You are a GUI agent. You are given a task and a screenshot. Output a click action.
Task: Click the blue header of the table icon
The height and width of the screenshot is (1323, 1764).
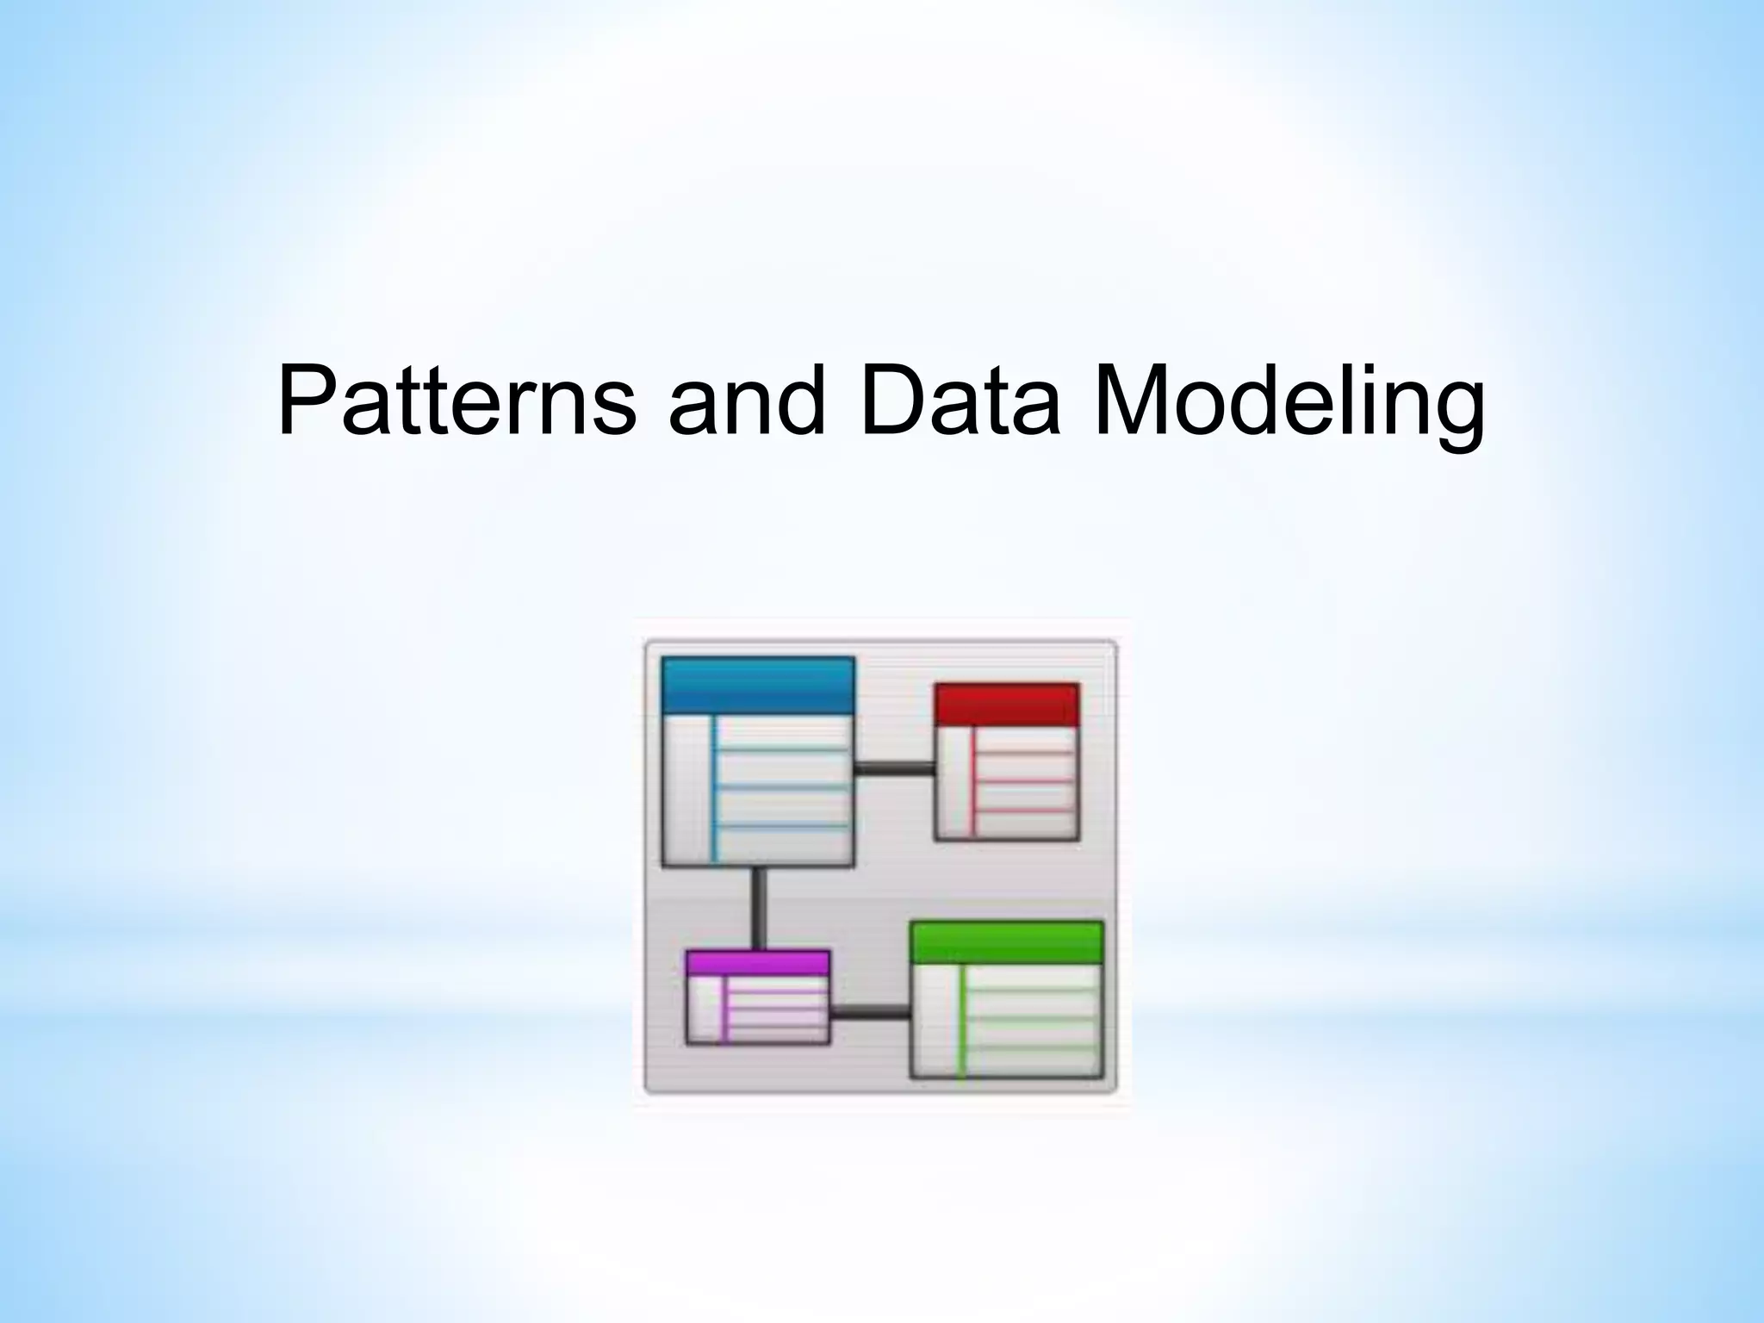click(758, 686)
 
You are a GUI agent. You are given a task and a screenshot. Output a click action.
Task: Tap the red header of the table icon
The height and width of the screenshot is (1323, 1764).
click(1006, 705)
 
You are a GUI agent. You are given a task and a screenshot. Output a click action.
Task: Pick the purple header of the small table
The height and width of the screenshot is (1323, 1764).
click(758, 963)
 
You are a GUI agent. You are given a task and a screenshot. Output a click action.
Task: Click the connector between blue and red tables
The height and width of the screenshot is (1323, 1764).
click(894, 769)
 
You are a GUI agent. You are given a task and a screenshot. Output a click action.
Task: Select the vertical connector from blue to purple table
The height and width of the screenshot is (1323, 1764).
click(758, 908)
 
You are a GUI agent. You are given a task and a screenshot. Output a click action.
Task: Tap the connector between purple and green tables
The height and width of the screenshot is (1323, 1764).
click(870, 1013)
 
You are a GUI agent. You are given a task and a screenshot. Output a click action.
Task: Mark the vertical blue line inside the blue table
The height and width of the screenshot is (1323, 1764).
click(714, 788)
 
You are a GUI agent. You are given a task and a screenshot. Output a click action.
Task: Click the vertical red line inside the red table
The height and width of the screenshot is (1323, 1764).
click(972, 782)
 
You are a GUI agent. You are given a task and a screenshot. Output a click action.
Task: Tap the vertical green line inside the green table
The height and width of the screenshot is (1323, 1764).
click(961, 1020)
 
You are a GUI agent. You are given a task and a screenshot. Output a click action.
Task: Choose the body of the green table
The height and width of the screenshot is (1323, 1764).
click(1030, 1020)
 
